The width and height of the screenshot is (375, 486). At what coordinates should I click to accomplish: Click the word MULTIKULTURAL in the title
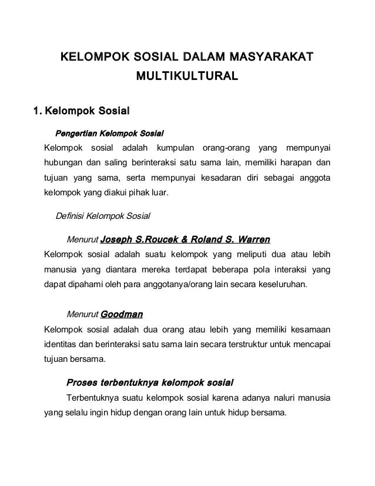187,76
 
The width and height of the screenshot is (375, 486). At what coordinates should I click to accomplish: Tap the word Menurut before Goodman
82,314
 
